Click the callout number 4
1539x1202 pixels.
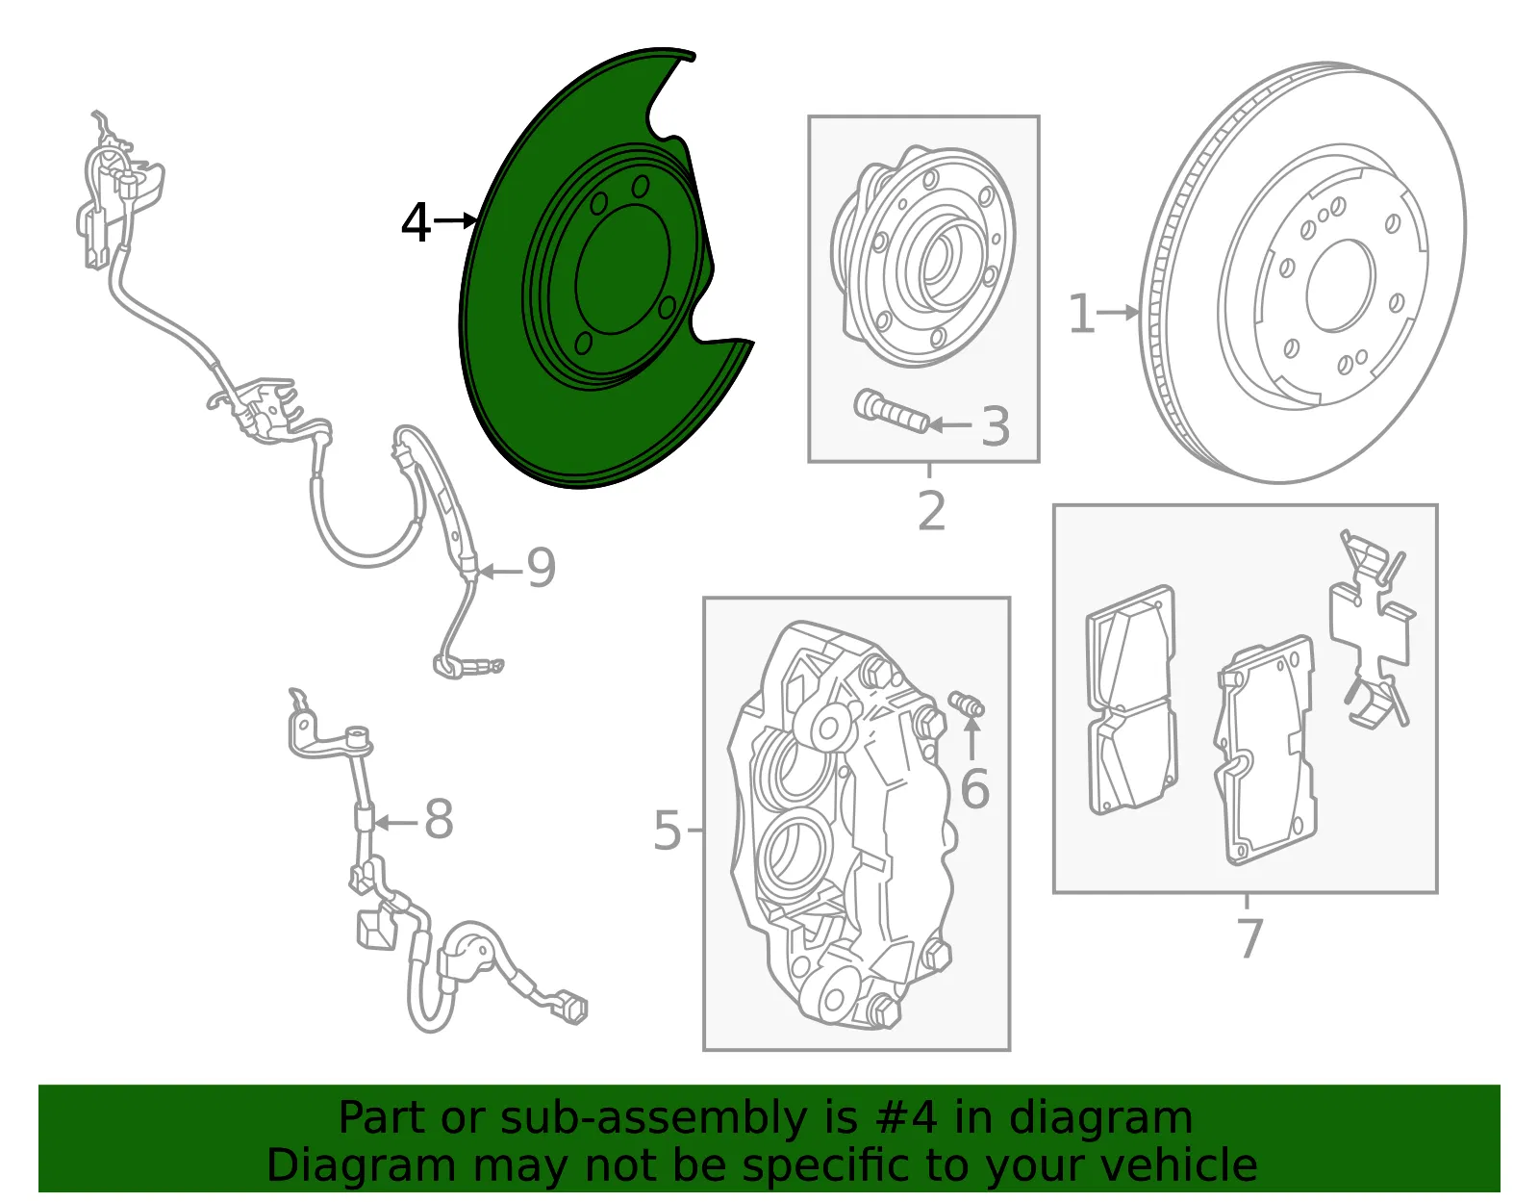[416, 222]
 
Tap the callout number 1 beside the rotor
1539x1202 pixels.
[1081, 313]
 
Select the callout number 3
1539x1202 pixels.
[996, 426]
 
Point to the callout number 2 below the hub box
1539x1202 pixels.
[931, 511]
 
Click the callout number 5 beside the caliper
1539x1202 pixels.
[668, 830]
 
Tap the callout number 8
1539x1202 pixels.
[439, 819]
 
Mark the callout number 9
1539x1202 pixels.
[542, 568]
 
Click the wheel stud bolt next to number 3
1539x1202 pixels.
[891, 412]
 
